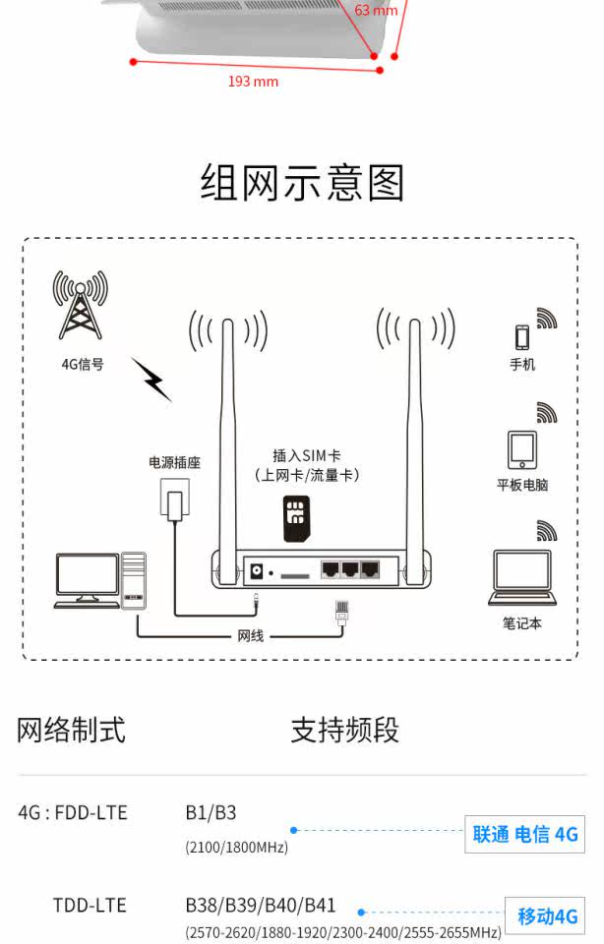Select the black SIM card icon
pos(296,519)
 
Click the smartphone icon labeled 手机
pos(522,337)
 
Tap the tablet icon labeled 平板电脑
pos(522,449)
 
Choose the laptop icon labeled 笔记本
pos(522,578)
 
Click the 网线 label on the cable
pos(251,636)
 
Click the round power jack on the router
pos(257,570)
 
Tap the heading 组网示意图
pos(302,183)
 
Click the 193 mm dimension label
pos(253,82)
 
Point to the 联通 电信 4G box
pos(524,835)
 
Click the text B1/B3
pos(211,813)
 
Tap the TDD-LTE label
pos(90,906)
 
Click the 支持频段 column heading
pos(345,731)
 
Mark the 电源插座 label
pos(175,462)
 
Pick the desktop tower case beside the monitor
pos(134,580)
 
